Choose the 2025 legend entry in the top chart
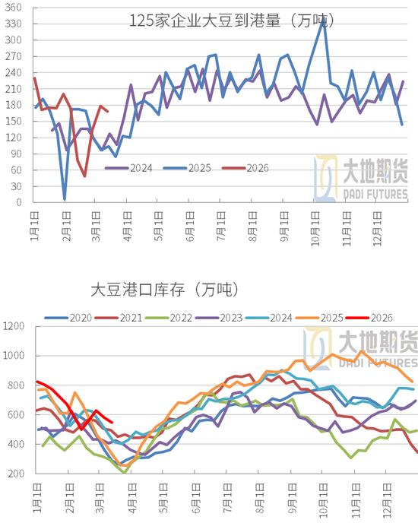pos(189,168)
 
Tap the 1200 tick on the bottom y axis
pos(15,327)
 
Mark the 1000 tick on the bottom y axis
pos(15,356)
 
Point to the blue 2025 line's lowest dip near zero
pos(65,199)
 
